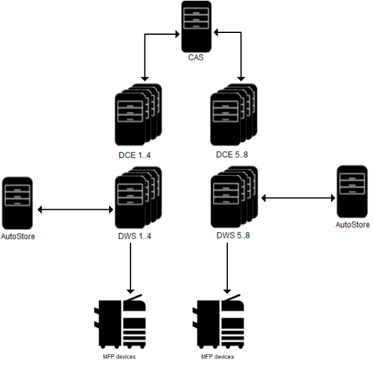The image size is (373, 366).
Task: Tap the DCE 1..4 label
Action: click(135, 155)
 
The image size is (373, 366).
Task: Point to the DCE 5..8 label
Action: click(233, 155)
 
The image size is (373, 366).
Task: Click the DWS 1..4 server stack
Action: click(137, 198)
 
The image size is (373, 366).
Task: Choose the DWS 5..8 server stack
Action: click(232, 198)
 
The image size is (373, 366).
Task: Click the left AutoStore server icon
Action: click(17, 202)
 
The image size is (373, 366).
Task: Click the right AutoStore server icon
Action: click(352, 192)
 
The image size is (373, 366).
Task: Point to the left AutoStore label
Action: click(17, 236)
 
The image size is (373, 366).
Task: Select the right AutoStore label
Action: click(352, 224)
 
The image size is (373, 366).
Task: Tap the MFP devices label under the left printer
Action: click(119, 356)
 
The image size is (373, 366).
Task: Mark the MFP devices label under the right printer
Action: click(218, 356)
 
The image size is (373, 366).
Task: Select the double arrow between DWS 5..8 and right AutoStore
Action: click(298, 197)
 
